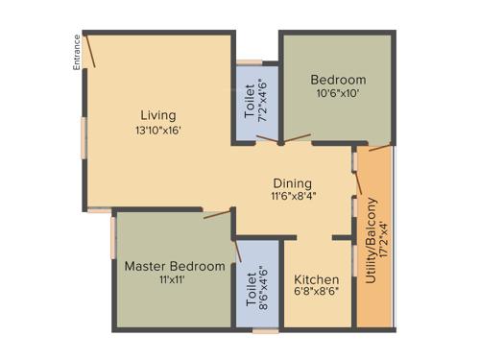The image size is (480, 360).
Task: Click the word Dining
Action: pyautogui.click(x=293, y=180)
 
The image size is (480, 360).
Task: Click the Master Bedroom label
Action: pyautogui.click(x=175, y=266)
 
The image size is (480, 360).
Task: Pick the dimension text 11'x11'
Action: pyautogui.click(x=174, y=280)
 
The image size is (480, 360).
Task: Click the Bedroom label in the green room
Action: pyautogui.click(x=339, y=80)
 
